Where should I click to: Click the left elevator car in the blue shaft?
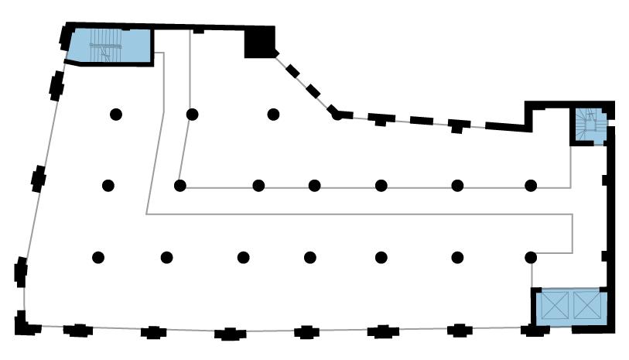pyautogui.click(x=554, y=306)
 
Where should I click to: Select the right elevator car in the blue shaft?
pyautogui.click(x=586, y=306)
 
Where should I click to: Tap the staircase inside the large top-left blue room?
pyautogui.click(x=104, y=45)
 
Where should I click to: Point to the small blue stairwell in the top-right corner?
pyautogui.click(x=590, y=124)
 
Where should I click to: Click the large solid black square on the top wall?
pyautogui.click(x=259, y=43)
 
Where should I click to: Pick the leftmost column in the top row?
pyautogui.click(x=116, y=115)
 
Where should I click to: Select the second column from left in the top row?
pyautogui.click(x=193, y=115)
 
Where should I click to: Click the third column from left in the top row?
pyautogui.click(x=273, y=115)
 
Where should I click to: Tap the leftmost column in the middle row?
pyautogui.click(x=108, y=186)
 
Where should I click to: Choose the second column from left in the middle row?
pyautogui.click(x=180, y=186)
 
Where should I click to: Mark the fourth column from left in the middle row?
pyautogui.click(x=315, y=186)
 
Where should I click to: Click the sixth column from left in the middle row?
pyautogui.click(x=458, y=186)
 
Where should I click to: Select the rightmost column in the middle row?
pyautogui.click(x=531, y=186)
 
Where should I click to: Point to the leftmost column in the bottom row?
pyautogui.click(x=98, y=258)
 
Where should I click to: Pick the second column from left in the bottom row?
pyautogui.click(x=166, y=258)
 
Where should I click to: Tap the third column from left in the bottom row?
pyautogui.click(x=244, y=258)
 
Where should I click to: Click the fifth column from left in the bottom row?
pyautogui.click(x=381, y=258)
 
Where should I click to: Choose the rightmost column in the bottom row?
pyautogui.click(x=531, y=258)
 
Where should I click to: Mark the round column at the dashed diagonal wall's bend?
pyautogui.click(x=337, y=115)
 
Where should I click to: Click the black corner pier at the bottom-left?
pyautogui.click(x=24, y=324)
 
